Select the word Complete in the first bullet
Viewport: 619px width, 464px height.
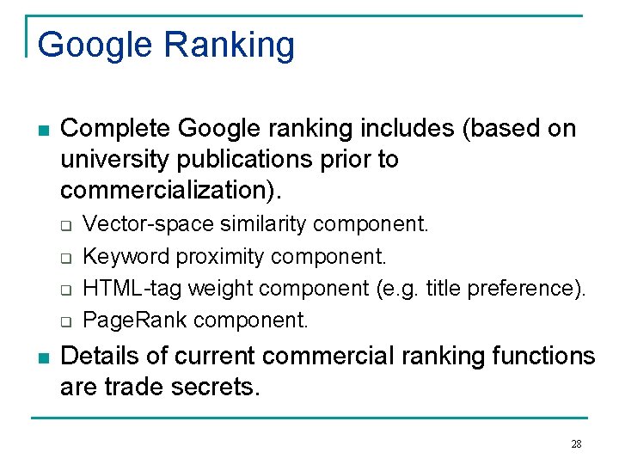point(116,129)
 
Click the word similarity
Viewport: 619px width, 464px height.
point(264,224)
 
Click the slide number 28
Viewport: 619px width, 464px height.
point(576,443)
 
